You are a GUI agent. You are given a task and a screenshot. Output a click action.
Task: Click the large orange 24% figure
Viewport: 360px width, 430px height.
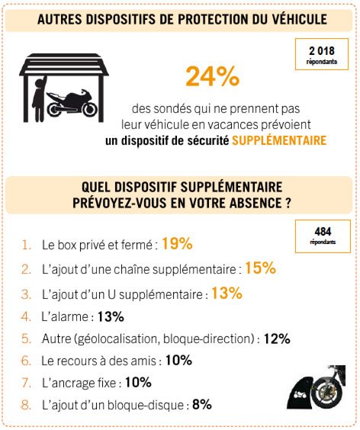(213, 76)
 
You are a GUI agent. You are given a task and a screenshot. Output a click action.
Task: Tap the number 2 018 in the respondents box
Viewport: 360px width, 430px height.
(322, 51)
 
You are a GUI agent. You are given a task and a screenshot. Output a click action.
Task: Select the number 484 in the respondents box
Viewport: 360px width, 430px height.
(323, 232)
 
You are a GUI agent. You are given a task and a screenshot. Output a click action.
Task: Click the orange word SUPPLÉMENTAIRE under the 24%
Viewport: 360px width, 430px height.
(279, 140)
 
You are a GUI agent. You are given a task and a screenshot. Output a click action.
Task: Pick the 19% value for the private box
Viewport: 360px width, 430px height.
(177, 243)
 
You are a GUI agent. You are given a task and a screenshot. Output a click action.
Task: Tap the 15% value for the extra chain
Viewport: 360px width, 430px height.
(260, 268)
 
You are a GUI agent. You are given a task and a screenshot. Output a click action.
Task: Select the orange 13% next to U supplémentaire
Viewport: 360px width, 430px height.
(227, 293)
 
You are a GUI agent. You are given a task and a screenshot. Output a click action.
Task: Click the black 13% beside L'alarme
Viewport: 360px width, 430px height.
(111, 316)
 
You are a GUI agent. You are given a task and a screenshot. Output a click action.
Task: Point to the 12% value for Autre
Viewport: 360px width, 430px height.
(277, 339)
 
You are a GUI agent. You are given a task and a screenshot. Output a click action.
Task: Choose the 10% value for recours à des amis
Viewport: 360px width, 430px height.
(178, 361)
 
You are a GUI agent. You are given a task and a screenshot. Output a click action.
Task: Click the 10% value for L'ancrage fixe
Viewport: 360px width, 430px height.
(138, 383)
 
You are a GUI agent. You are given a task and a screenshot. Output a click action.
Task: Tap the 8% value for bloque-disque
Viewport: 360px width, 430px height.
(202, 405)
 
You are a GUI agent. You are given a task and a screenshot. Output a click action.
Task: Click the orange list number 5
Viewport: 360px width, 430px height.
(26, 339)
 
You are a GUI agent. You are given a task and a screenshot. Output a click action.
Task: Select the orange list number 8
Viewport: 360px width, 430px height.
(26, 405)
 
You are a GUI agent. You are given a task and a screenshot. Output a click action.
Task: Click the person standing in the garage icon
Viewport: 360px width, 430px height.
(39, 98)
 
